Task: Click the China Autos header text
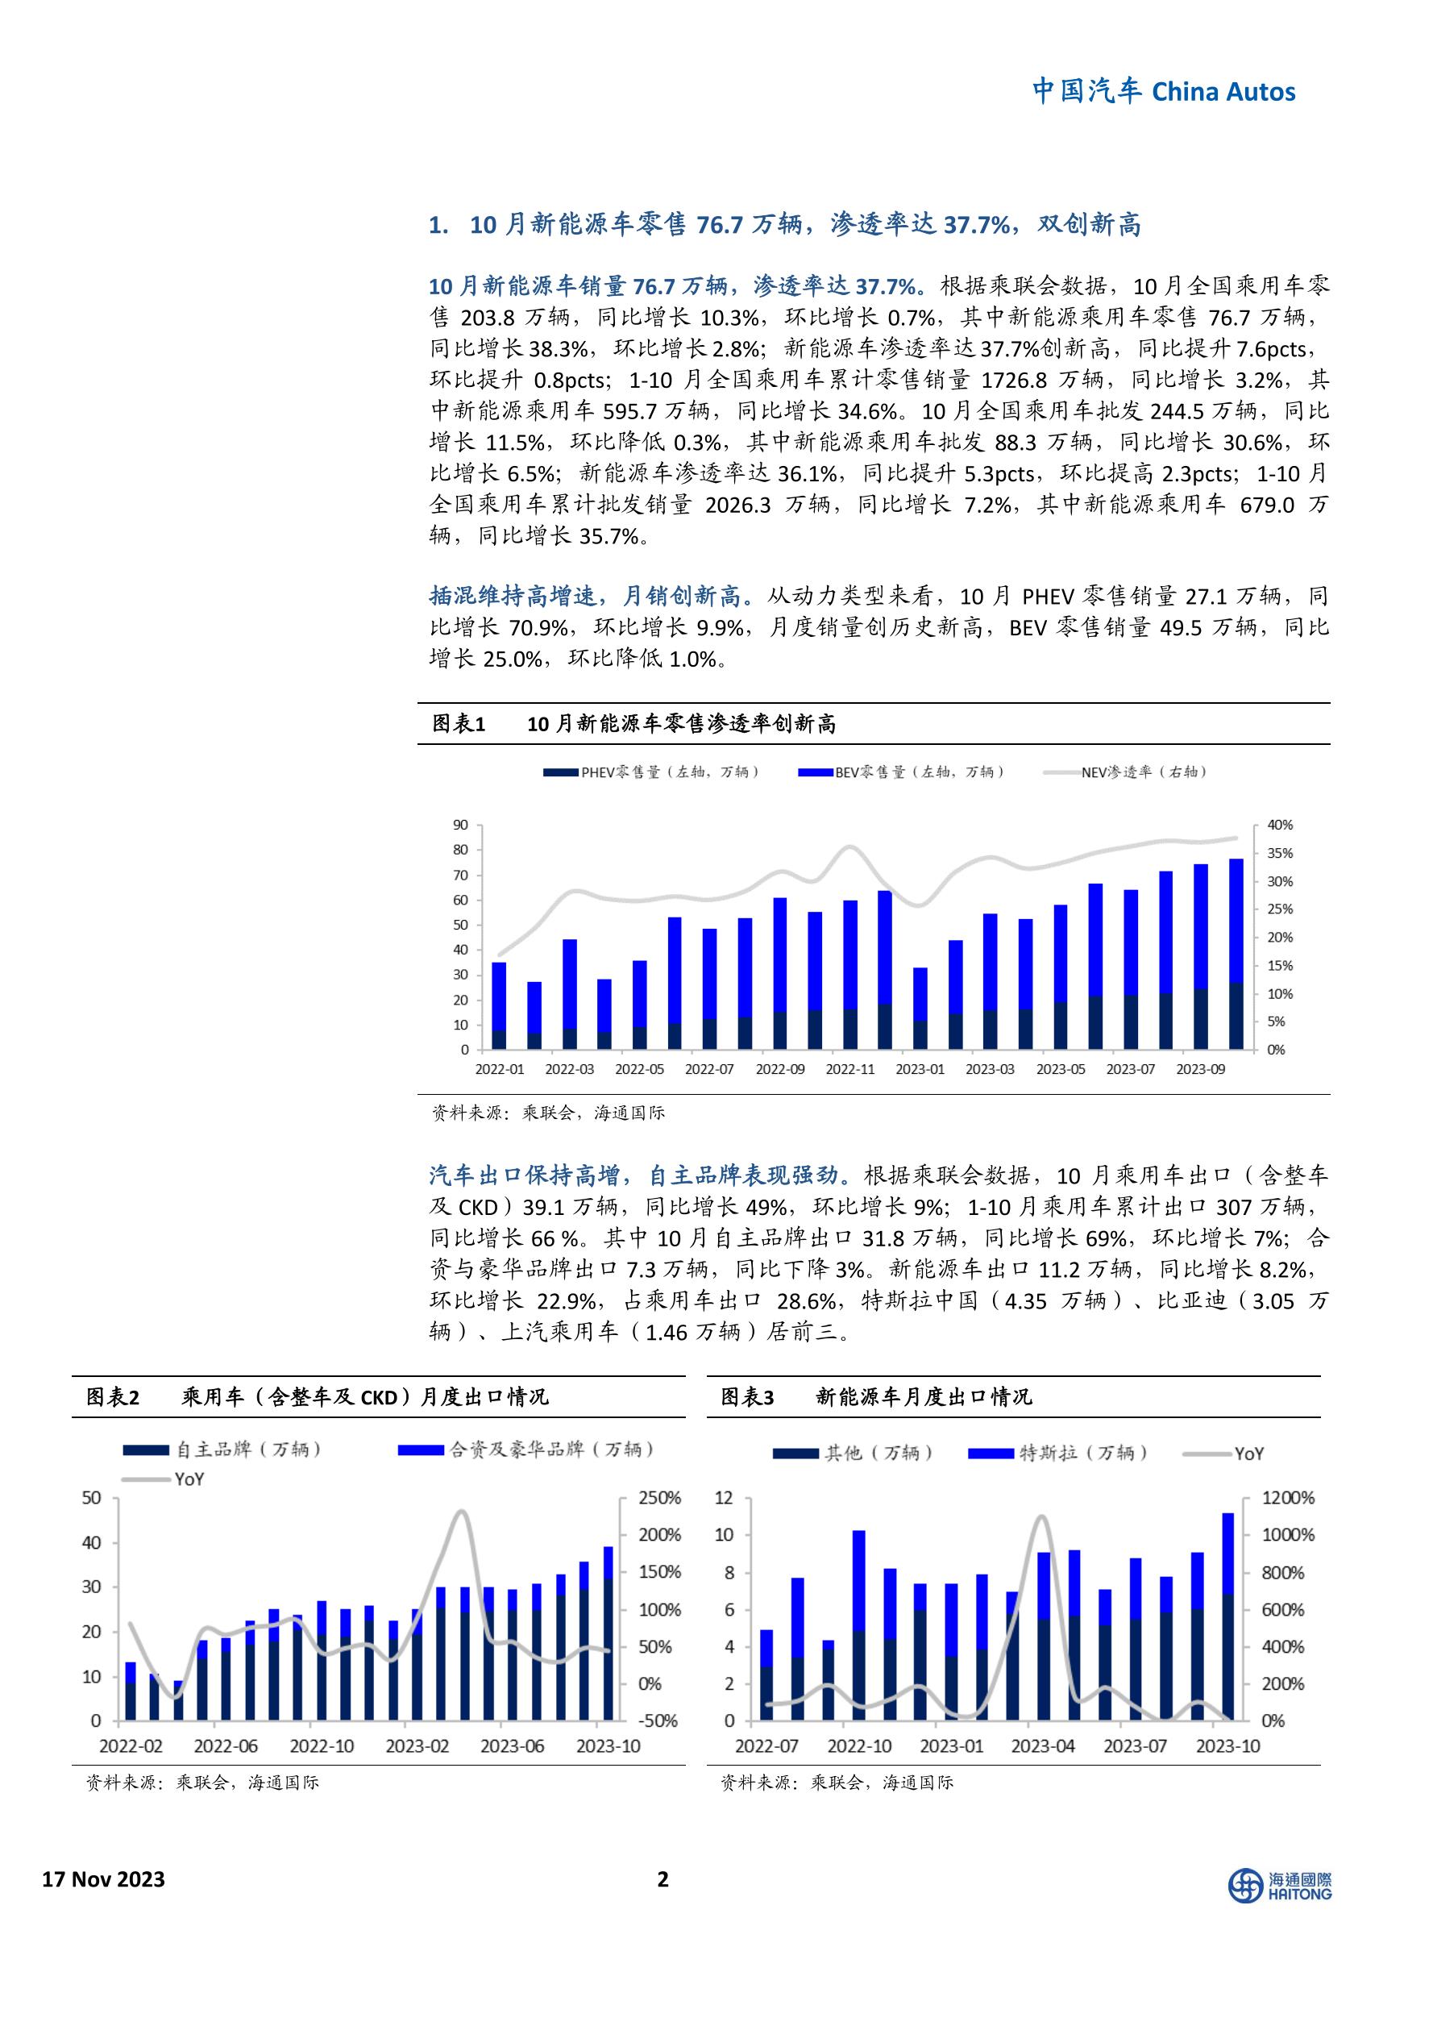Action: coord(1164,92)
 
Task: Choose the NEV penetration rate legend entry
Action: coord(1124,772)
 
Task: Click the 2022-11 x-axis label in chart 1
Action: coord(849,1068)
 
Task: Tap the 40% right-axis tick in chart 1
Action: coord(1280,825)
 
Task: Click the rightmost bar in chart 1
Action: coord(1236,953)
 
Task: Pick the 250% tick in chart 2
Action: coord(660,1497)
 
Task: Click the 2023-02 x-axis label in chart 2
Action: coord(417,1746)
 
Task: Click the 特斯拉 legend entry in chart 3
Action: coord(1058,1453)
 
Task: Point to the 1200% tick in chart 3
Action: coord(1287,1497)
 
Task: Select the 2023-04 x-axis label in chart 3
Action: coord(1043,1746)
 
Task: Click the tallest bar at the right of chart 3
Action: coord(1227,1615)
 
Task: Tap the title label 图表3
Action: coord(746,1397)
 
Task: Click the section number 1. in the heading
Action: coord(438,226)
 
